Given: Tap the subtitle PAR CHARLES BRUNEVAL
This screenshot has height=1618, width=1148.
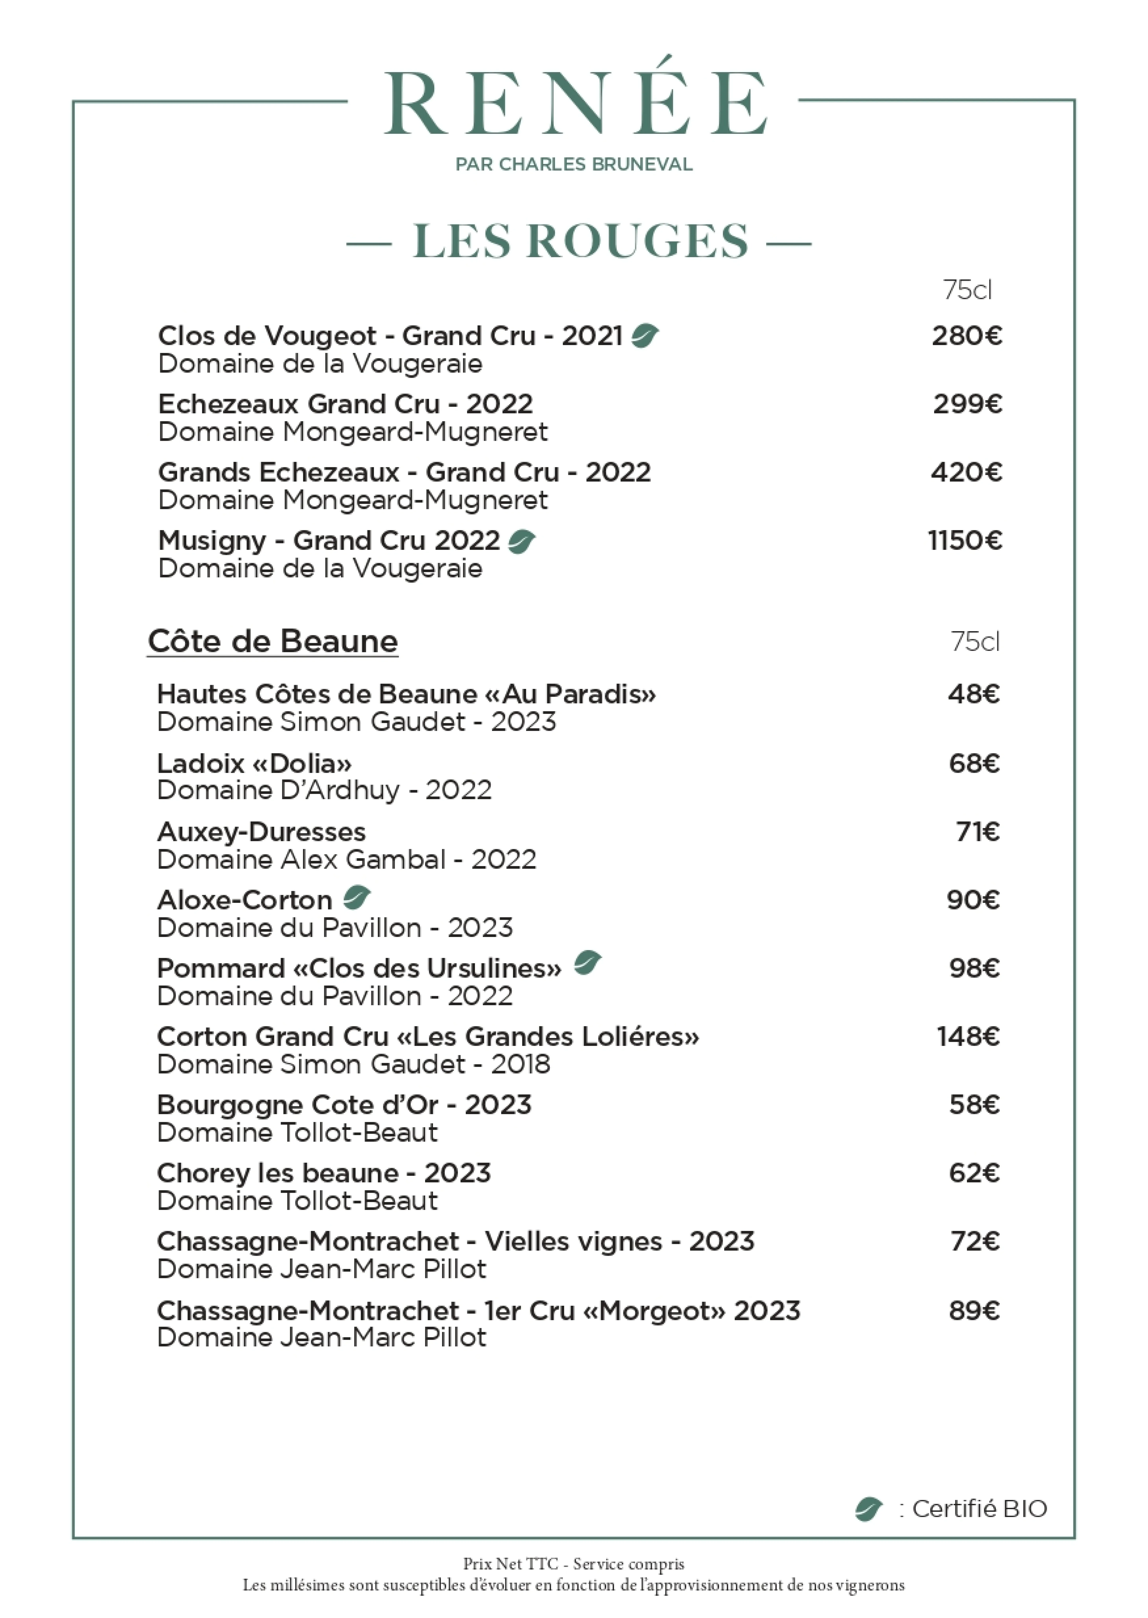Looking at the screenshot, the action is [574, 165].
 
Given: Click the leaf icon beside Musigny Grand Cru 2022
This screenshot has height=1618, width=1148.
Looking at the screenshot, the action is [522, 542].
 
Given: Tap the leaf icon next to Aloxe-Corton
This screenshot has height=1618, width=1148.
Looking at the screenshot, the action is [356, 898].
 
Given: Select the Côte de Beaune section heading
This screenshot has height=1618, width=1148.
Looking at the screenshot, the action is [273, 641].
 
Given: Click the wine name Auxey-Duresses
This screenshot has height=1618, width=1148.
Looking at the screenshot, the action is [262, 832].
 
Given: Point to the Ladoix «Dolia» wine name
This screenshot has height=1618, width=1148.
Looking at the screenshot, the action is [255, 763].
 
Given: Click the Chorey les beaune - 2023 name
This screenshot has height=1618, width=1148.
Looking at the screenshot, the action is [324, 1173].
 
